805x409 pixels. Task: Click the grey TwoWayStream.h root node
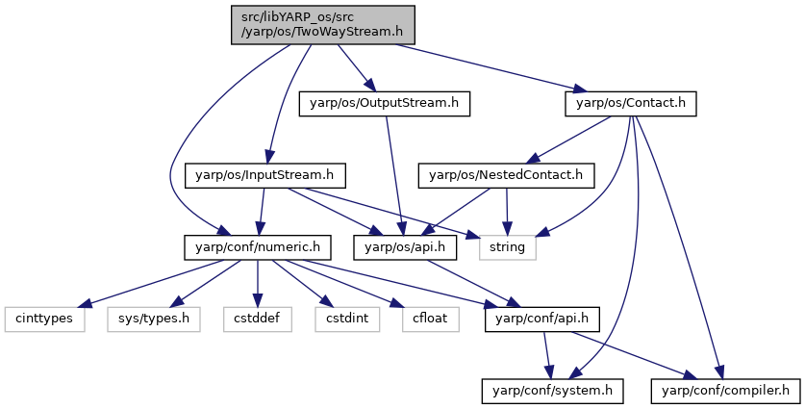[322, 25]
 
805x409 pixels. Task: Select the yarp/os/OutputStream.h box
[384, 103]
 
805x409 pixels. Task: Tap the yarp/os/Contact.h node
[631, 103]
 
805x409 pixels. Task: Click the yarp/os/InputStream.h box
[264, 175]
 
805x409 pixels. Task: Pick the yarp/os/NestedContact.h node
[506, 175]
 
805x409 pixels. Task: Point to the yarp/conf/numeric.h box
[257, 247]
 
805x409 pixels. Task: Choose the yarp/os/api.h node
[405, 247]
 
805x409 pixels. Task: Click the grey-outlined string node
[507, 247]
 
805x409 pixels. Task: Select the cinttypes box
[44, 319]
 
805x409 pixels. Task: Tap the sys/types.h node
[154, 319]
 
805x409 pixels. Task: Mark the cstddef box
[257, 319]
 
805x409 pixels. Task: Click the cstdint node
[347, 319]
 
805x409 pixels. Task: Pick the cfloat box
[430, 319]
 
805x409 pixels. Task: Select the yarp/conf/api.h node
[541, 319]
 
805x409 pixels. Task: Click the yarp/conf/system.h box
[552, 391]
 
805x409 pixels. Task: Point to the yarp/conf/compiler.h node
[725, 391]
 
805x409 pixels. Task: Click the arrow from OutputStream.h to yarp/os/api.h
[394, 175]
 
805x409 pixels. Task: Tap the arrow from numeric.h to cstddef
[257, 283]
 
